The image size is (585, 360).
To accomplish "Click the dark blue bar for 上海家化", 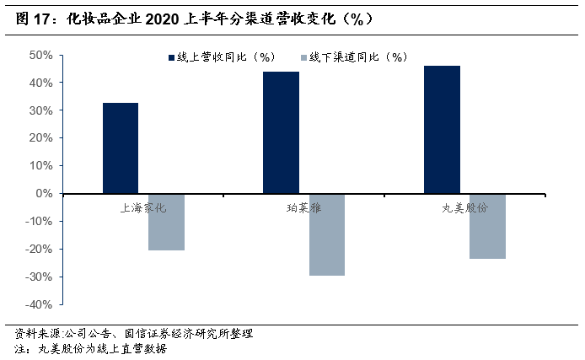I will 121,148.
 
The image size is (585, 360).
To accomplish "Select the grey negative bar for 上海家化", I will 166,222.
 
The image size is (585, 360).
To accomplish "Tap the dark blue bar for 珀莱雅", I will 281,132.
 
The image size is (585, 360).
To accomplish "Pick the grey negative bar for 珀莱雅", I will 326,234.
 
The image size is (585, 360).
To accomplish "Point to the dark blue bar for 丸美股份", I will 442,130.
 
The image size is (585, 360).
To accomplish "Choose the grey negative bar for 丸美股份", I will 487,226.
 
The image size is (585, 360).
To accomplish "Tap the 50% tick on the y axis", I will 41,56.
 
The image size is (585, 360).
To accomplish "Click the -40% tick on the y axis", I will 39,304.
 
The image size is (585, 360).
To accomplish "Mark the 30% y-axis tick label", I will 41,110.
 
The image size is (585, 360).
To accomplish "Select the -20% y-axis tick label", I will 39,249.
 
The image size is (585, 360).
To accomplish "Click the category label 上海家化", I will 142,207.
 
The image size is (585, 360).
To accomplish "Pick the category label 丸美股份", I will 464,207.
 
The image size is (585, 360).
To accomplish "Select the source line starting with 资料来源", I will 134,333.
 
